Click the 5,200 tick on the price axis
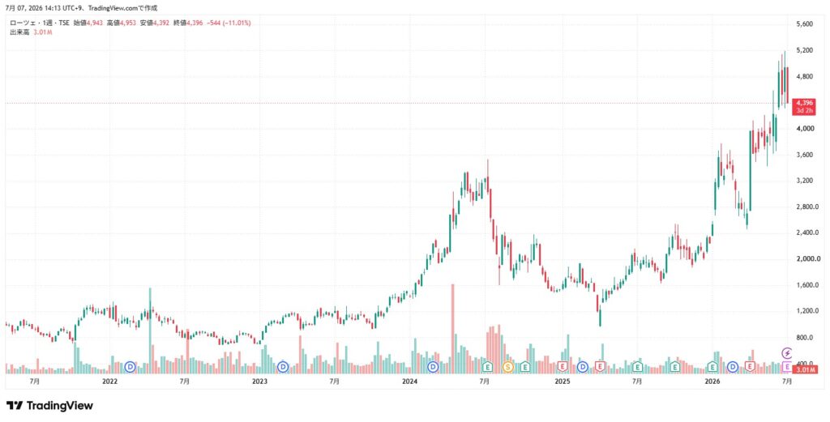tap(805, 50)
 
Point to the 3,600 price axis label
tap(805, 155)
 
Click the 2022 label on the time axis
tap(109, 381)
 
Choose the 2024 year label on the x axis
tap(409, 381)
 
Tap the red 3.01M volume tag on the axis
tap(803, 369)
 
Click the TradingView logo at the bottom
tap(49, 406)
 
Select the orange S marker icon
tap(507, 366)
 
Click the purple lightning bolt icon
tap(787, 352)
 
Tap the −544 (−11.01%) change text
tap(228, 23)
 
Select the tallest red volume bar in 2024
tap(453, 329)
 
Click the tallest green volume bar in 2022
tap(150, 331)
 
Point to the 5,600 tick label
tap(805, 24)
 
